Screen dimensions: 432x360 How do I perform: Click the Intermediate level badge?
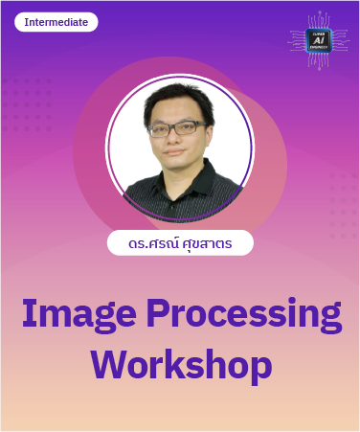pyautogui.click(x=56, y=21)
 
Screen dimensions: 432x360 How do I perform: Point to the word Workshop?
pyautogui.click(x=180, y=365)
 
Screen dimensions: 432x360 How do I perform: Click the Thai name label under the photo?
pyautogui.click(x=180, y=242)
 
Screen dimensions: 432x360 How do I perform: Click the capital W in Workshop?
pyautogui.click(x=111, y=364)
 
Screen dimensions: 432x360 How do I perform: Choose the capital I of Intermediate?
pyautogui.click(x=27, y=21)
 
